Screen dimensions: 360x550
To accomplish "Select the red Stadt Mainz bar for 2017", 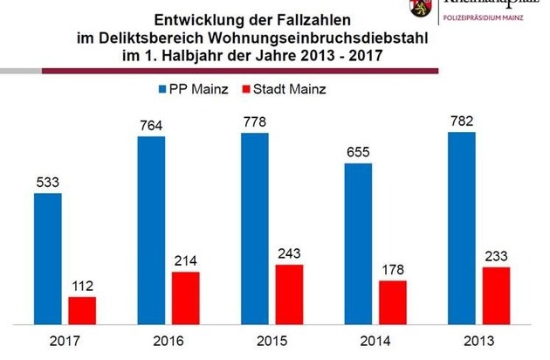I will (x=82, y=310).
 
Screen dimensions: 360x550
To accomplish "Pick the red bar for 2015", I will (x=288, y=294).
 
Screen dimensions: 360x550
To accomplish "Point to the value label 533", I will (x=47, y=183).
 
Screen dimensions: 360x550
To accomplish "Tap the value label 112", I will (x=82, y=286).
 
